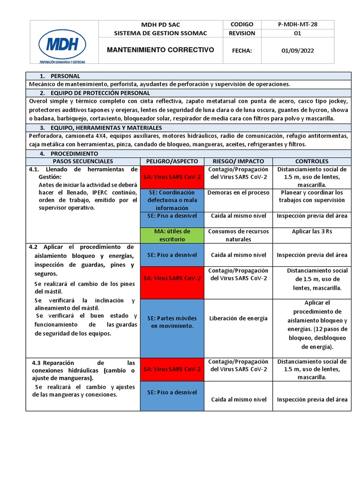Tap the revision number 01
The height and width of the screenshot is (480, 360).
click(x=297, y=33)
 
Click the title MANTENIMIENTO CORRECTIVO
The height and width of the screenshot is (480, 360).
click(x=160, y=50)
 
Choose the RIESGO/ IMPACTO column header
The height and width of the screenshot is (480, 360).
click(x=238, y=161)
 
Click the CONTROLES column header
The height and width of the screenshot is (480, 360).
click(x=312, y=161)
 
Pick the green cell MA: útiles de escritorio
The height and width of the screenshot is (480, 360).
click(x=172, y=235)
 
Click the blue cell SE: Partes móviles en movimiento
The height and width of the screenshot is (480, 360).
click(x=172, y=322)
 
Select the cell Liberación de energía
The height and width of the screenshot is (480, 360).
click(x=238, y=318)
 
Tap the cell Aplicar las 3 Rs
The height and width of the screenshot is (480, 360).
click(x=312, y=232)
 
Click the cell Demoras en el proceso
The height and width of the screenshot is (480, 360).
click(x=238, y=193)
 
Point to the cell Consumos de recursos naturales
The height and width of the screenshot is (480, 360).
click(x=238, y=235)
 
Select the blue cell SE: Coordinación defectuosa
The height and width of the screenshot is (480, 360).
click(x=172, y=200)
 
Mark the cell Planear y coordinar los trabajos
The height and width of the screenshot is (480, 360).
click(x=312, y=196)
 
